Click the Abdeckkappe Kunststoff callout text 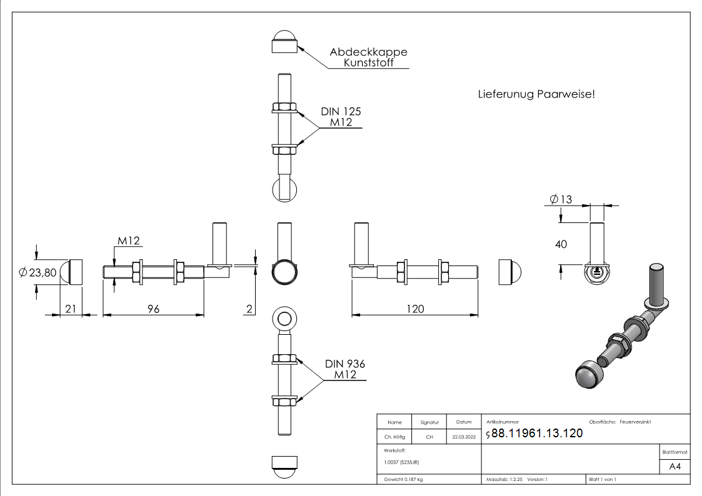coord(368,57)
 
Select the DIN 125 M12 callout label coord(341,117)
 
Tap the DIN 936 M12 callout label coord(344,369)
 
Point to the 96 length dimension coord(153,309)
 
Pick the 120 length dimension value coord(414,309)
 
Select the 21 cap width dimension coord(70,309)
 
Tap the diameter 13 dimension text coord(561,199)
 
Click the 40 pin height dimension coord(561,244)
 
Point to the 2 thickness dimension coord(249,309)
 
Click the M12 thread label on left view coord(129,241)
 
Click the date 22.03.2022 coord(463,437)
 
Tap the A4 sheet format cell coord(674,467)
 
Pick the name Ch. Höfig coord(394,437)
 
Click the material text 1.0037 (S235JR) coord(401,462)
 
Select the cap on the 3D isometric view coord(588,374)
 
